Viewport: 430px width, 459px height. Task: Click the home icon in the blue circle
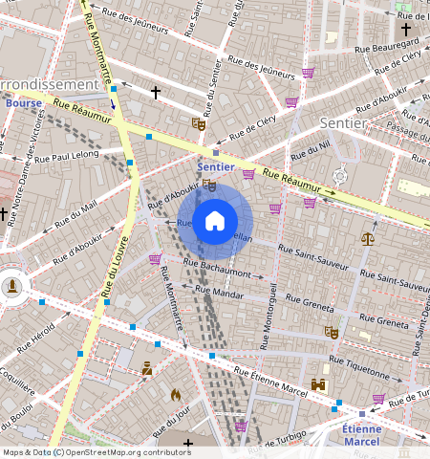coord(215,221)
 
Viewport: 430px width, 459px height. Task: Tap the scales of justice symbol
coord(368,238)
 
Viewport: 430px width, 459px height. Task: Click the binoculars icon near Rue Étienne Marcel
coord(319,384)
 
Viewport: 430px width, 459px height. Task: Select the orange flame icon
coord(176,393)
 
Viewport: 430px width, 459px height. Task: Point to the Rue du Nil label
coord(311,150)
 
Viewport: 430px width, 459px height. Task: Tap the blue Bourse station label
coord(23,102)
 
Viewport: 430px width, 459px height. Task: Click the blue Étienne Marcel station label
coord(361,435)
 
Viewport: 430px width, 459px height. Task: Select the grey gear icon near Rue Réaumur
coord(340,176)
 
